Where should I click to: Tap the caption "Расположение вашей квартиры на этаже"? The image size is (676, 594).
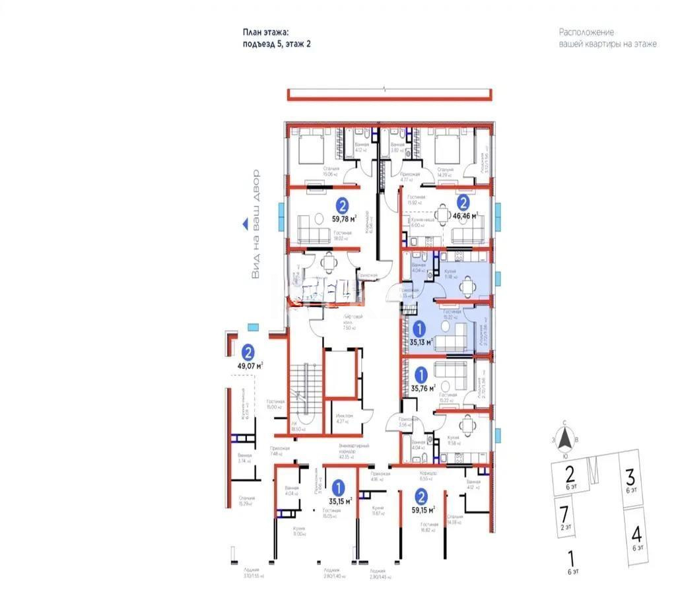pyautogui.click(x=607, y=38)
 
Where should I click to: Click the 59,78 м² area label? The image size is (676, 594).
pyautogui.click(x=344, y=218)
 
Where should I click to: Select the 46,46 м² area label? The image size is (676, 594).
pyautogui.click(x=465, y=214)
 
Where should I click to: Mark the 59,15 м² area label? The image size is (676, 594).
pyautogui.click(x=422, y=510)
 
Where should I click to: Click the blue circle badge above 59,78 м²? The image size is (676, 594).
pyautogui.click(x=343, y=205)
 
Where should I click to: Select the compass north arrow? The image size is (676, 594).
pyautogui.click(x=564, y=437)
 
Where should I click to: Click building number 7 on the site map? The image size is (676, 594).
pyautogui.click(x=563, y=511)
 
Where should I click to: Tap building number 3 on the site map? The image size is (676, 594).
pyautogui.click(x=630, y=475)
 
